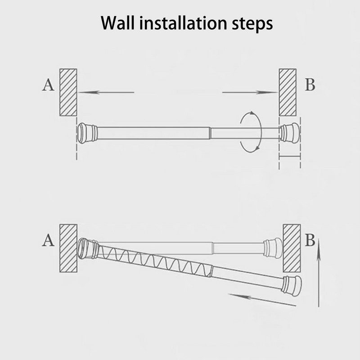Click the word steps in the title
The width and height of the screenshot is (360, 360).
click(252, 24)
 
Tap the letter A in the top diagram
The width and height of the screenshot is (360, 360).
click(49, 85)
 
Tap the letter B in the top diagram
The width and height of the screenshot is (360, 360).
click(310, 85)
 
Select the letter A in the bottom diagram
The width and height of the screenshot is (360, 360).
click(49, 240)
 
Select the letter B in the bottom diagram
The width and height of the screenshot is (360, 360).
click(310, 240)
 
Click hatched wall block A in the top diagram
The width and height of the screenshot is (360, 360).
click(68, 92)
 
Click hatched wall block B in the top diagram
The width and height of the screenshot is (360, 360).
click(288, 92)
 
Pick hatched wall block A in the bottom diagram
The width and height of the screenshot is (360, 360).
click(68, 248)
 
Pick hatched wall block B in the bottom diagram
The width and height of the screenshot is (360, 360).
click(292, 248)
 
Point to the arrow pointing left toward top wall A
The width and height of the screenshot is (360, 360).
click(106, 92)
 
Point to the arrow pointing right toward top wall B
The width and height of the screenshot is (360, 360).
click(250, 92)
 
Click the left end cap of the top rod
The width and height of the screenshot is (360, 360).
click(87, 133)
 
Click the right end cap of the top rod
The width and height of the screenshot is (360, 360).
click(290, 133)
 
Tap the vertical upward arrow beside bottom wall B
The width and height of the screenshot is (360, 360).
click(319, 273)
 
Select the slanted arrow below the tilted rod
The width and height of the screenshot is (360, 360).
click(262, 300)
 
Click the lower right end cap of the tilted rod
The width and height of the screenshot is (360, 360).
click(292, 286)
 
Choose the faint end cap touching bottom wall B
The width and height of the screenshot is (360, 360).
click(273, 248)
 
